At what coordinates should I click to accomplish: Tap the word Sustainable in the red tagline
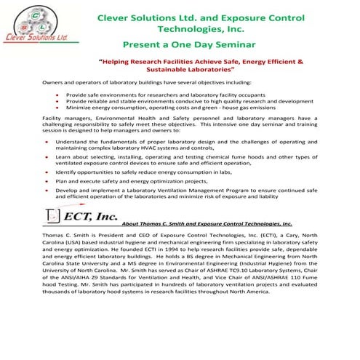coord(171,73)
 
